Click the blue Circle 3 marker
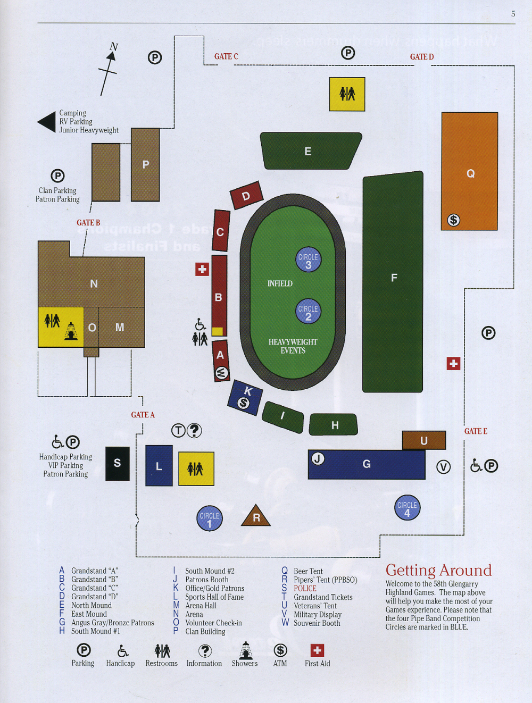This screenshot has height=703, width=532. pos(309,260)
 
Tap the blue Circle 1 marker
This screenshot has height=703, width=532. pos(210,518)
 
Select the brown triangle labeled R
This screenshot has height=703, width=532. pos(256,516)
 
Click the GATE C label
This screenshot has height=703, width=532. pos(226,56)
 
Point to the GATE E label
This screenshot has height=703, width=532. pos(476,431)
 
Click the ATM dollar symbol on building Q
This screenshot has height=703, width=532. pos(453,220)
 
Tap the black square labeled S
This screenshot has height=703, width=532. pos(117,463)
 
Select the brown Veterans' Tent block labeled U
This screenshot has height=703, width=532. pos(424,440)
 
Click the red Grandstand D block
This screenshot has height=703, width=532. pos(246,195)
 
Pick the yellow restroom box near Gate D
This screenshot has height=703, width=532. pos(347,94)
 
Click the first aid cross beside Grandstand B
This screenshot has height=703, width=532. pos(202,269)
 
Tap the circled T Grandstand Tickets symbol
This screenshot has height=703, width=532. pos(178,430)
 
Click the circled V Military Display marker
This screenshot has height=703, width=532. pos(443,467)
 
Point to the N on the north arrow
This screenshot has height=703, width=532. pos(113,47)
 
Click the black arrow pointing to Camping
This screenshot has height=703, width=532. pos(47,122)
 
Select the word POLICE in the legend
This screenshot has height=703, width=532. pos(305,589)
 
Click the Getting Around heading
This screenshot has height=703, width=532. pos(438,570)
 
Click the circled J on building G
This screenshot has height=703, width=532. pos(318,458)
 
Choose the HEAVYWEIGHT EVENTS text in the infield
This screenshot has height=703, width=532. pos(293,346)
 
